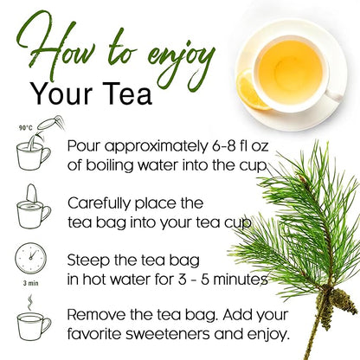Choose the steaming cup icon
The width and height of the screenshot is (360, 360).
pyautogui.click(x=32, y=322)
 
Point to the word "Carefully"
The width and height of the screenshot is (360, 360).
pyautogui.click(x=104, y=202)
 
